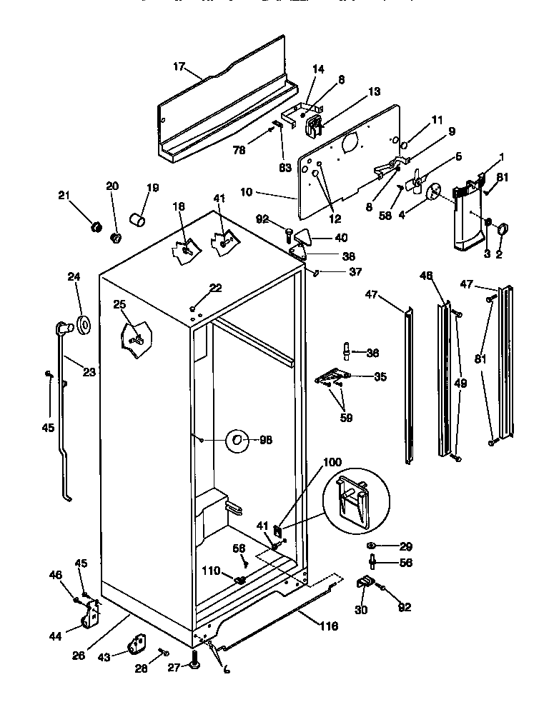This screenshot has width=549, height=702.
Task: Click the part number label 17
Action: coord(179,69)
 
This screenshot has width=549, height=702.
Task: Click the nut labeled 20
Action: coord(114,236)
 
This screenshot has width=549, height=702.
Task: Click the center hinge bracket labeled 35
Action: coord(332,375)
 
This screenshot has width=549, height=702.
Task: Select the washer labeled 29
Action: coord(372,546)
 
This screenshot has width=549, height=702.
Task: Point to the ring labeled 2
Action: coord(502,229)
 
